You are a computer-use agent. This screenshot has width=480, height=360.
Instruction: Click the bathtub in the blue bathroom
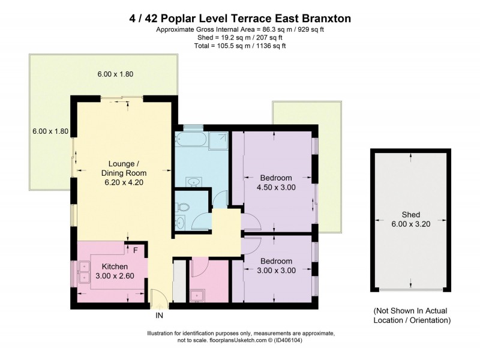[190, 140]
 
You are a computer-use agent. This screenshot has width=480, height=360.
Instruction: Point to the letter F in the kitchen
[136, 250]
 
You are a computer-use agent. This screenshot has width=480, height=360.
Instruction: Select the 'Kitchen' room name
[114, 266]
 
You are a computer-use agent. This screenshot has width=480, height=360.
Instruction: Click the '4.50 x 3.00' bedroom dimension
[275, 188]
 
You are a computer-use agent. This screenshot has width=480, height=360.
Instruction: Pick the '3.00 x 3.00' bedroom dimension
[275, 271]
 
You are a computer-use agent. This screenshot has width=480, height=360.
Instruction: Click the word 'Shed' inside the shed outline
[411, 214]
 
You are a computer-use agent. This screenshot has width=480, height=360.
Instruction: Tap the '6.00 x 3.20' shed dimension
[411, 224]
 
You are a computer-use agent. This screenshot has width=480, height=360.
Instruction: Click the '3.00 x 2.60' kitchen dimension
[114, 276]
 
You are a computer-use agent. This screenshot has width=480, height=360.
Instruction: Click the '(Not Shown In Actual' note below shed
[411, 311]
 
